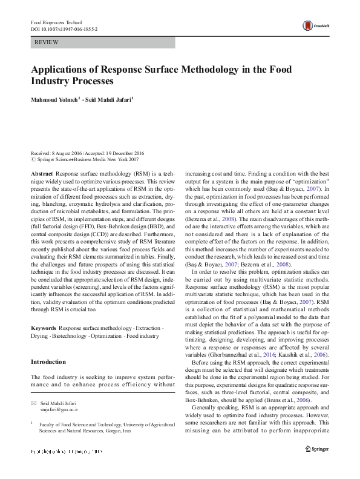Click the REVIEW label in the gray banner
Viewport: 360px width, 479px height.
(47, 43)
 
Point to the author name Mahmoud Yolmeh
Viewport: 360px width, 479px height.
(53, 98)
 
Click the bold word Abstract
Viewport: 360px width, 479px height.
(42, 173)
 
